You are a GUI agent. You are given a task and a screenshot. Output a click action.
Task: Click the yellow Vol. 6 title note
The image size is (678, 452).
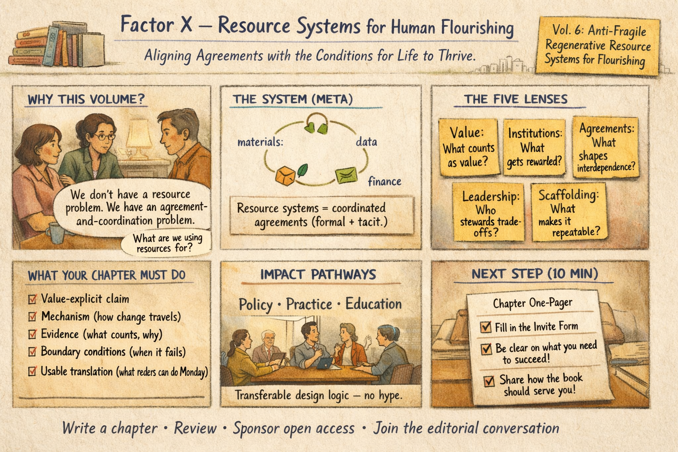[597, 45]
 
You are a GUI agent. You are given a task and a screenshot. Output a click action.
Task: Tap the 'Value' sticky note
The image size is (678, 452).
[468, 147]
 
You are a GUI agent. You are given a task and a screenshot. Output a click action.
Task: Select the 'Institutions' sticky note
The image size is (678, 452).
[535, 147]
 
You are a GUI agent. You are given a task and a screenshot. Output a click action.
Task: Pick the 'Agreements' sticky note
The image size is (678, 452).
[606, 147]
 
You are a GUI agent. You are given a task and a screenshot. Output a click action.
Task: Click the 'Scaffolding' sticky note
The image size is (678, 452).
[569, 212]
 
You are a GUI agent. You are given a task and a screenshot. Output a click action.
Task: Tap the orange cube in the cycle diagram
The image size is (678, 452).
[285, 176]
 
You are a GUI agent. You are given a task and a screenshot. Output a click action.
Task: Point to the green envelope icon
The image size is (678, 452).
[346, 175]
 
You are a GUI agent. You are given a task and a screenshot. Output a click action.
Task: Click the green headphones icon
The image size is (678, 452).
[316, 123]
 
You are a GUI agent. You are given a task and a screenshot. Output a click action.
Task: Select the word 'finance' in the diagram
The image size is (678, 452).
[384, 181]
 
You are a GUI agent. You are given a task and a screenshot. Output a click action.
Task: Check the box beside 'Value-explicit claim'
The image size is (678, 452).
[32, 299]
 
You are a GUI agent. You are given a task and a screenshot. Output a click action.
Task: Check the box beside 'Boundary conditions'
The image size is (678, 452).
[32, 352]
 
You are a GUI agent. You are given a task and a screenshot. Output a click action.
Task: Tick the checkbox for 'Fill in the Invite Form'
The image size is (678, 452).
[486, 327]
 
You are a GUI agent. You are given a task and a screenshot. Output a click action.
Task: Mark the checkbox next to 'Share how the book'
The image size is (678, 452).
[489, 380]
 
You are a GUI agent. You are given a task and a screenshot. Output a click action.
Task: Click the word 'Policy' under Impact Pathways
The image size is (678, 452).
[256, 305]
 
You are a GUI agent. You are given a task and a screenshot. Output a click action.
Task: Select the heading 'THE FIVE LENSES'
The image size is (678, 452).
[516, 99]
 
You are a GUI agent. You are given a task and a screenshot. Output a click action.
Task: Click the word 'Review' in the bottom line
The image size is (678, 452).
[195, 428]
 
